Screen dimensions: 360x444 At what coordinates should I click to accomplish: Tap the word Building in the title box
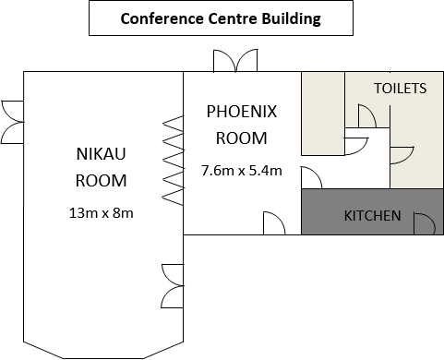tap(286, 18)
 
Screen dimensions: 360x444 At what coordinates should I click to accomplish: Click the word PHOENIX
tap(241, 113)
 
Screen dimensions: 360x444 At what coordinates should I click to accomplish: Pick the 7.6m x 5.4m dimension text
tap(241, 170)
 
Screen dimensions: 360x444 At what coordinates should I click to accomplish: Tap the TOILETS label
tap(400, 89)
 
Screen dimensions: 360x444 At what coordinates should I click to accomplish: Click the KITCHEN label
tap(372, 216)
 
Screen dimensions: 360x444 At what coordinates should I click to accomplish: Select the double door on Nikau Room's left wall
tap(12, 122)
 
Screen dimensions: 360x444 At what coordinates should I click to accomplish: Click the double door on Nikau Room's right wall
tap(173, 286)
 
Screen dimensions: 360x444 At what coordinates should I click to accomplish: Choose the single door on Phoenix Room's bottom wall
tap(274, 223)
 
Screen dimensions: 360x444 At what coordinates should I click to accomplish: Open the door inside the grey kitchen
tap(424, 222)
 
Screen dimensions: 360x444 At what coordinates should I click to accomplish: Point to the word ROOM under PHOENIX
tap(241, 138)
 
